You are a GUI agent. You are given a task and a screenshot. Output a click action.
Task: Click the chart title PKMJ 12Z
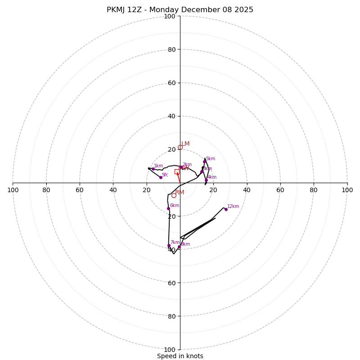coord(180,10)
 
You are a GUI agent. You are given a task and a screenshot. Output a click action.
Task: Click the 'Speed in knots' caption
coord(180,356)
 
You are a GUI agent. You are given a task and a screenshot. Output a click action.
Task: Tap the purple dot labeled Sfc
coord(161,177)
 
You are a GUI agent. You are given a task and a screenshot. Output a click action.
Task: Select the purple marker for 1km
coord(153,169)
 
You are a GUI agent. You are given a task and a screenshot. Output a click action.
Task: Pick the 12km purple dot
coord(226,209)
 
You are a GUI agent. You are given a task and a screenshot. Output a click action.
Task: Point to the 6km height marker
coord(169,209)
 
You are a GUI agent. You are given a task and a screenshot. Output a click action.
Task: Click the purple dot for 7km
coord(169,246)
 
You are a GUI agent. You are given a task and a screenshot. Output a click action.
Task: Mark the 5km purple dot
coord(205,162)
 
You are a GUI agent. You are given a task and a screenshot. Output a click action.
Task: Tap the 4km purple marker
coord(207,180)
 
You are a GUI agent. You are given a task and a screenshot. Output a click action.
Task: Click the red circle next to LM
coord(180,148)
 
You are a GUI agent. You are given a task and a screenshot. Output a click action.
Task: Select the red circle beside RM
coord(174,196)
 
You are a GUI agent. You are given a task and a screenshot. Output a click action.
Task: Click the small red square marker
coord(176,172)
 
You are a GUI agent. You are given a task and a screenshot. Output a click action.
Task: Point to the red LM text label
coord(185,144)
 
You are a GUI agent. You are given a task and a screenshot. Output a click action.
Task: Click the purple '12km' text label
coord(233,207)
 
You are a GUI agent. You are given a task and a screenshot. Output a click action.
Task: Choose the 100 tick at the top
coord(170,16)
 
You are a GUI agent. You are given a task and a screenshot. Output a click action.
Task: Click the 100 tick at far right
coord(347,190)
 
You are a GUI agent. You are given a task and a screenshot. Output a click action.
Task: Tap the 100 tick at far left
coord(13,190)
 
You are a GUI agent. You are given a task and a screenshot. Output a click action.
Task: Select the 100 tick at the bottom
coord(170,350)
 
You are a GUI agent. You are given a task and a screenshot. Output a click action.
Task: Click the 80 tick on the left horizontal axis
coord(46,190)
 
